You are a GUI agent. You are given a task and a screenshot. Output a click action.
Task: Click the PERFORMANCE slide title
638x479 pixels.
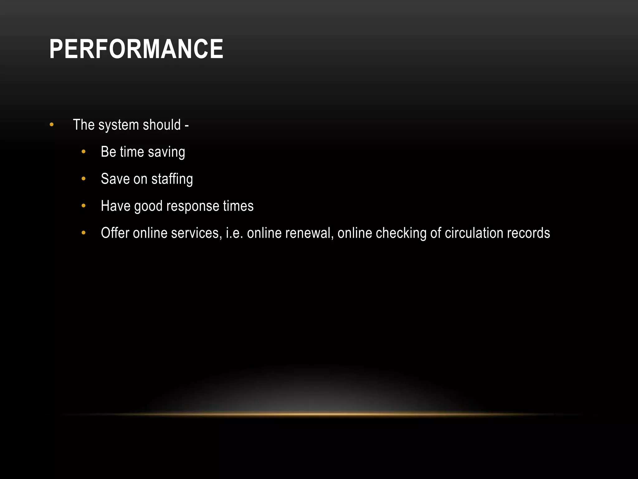pos(136,49)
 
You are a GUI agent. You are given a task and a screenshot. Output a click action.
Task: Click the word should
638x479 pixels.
pos(162,125)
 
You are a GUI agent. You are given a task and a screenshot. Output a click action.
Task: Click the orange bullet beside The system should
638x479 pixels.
pos(52,125)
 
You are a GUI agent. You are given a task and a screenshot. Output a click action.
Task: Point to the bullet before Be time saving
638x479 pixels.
pos(83,152)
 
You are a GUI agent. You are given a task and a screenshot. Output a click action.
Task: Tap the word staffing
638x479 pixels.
pos(172,179)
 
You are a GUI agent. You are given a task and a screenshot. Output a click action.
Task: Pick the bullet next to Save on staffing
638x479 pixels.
pos(83,179)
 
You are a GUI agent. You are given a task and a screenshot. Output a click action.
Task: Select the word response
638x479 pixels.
pos(193,206)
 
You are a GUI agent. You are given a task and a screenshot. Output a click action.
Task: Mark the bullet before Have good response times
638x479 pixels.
pos(83,206)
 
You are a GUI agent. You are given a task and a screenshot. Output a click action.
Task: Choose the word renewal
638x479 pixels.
pos(309,233)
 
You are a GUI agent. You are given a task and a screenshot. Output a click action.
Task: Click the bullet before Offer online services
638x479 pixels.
pos(83,233)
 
